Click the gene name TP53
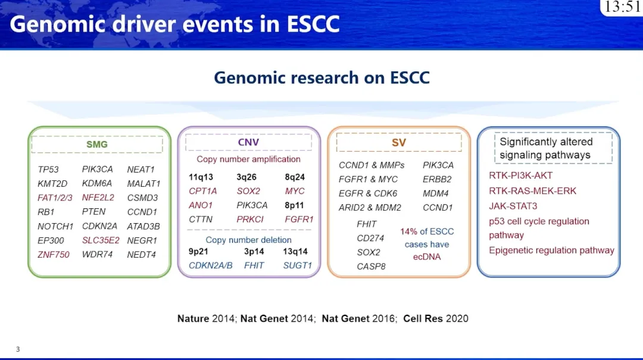click(48, 170)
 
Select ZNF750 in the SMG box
click(54, 255)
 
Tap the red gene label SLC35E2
click(101, 240)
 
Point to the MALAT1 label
click(143, 184)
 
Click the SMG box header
click(97, 145)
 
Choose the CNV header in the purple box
click(248, 142)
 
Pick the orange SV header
click(398, 143)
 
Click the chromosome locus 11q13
click(201, 177)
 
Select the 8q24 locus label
click(295, 177)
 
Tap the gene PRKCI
click(250, 220)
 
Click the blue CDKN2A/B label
click(210, 266)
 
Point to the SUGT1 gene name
click(297, 266)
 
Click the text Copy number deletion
click(248, 240)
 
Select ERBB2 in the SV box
click(437, 179)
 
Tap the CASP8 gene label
click(371, 267)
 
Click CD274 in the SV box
click(370, 238)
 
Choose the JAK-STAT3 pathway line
click(513, 206)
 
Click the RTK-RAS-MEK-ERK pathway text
click(533, 191)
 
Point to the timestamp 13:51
click(622, 7)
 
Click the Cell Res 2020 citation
click(435, 318)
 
